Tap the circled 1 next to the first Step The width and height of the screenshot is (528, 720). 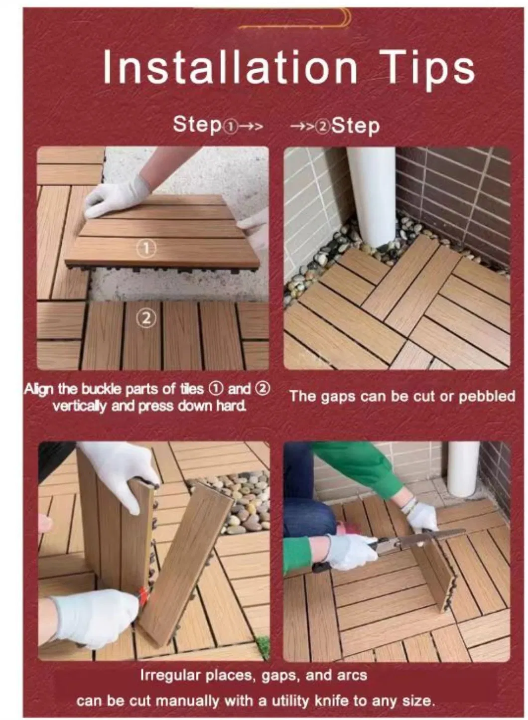[x=230, y=127]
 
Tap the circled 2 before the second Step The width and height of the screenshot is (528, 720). [x=323, y=127]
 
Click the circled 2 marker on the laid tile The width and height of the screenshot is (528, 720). [x=146, y=318]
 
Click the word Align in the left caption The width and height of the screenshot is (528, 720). [x=39, y=389]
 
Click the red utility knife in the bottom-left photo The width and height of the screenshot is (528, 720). [x=143, y=595]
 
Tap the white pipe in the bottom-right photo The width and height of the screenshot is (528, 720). [x=463, y=468]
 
